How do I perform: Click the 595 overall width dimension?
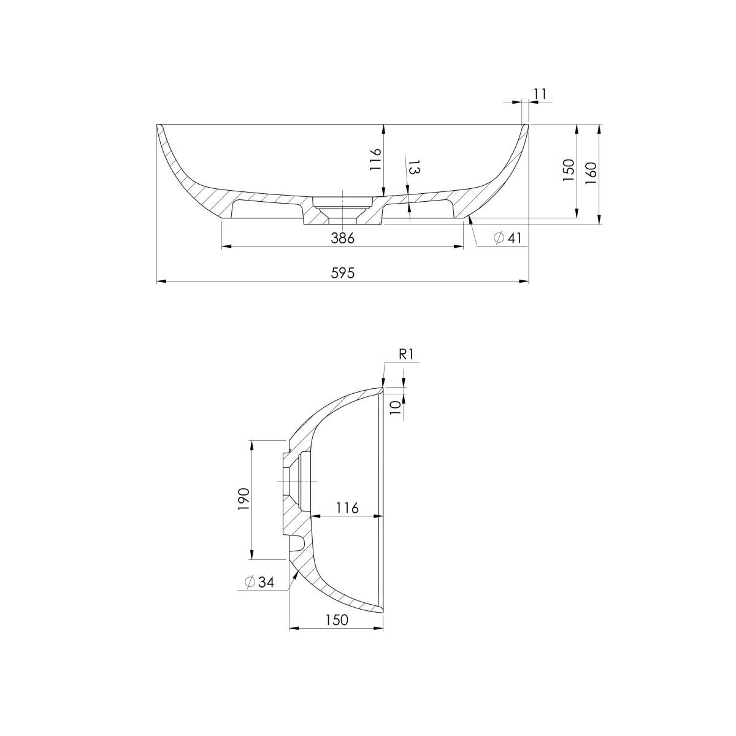(x=343, y=273)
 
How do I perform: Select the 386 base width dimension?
(x=343, y=238)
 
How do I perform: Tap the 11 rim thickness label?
(x=540, y=94)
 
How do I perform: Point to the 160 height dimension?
(x=591, y=173)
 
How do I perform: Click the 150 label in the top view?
(x=569, y=170)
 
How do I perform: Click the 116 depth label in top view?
(x=375, y=159)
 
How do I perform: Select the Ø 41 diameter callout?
(x=508, y=238)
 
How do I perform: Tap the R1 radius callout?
(x=406, y=355)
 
